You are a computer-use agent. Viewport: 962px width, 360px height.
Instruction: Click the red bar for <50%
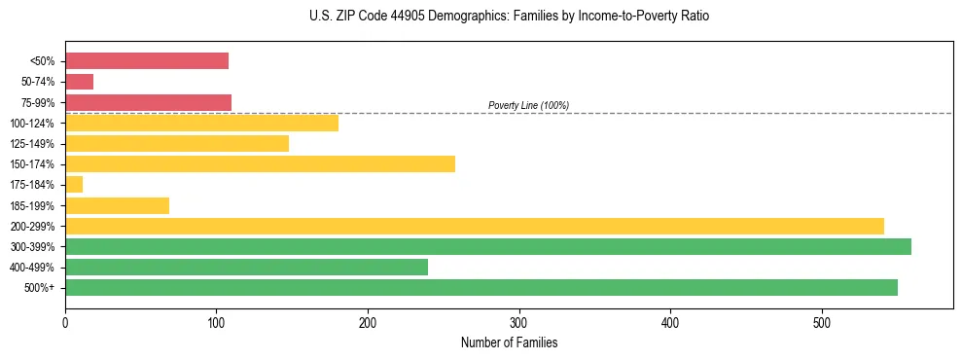pyautogui.click(x=147, y=60)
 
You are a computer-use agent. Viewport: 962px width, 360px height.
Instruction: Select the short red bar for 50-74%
pyautogui.click(x=79, y=82)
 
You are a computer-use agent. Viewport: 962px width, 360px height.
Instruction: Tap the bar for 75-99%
pyautogui.click(x=148, y=102)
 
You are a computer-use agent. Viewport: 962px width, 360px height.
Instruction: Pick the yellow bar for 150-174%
pyautogui.click(x=260, y=163)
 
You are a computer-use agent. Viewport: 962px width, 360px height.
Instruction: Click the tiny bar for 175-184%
pyautogui.click(x=74, y=184)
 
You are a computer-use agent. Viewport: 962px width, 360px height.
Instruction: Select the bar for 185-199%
pyautogui.click(x=117, y=205)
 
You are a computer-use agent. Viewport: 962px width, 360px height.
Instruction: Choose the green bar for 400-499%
pyautogui.click(x=246, y=267)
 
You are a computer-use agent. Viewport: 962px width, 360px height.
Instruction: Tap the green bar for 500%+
pyautogui.click(x=481, y=287)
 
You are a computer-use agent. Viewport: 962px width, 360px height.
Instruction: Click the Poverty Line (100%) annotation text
pyautogui.click(x=528, y=105)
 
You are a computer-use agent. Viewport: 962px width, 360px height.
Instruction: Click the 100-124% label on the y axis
pyautogui.click(x=33, y=123)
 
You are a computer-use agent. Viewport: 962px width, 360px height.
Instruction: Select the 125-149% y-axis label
pyautogui.click(x=33, y=144)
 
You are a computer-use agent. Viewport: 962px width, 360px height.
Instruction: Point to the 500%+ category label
pyautogui.click(x=39, y=288)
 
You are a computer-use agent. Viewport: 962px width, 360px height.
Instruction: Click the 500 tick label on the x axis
pyautogui.click(x=822, y=323)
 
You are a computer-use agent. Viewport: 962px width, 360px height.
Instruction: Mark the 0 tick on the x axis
pyautogui.click(x=65, y=323)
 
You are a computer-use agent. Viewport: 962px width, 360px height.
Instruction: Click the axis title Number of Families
pyautogui.click(x=509, y=342)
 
